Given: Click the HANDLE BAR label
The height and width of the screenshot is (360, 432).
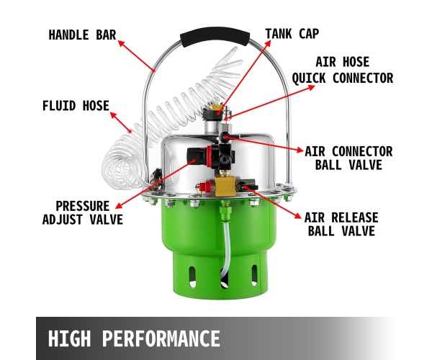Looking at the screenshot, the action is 82,35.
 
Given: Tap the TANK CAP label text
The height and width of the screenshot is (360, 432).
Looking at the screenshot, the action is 292,34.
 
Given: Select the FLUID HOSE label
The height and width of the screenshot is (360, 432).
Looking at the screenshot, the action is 76,106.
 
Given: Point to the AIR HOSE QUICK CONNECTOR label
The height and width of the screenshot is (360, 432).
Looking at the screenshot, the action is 343,70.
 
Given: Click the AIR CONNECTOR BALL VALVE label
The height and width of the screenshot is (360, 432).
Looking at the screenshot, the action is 348,158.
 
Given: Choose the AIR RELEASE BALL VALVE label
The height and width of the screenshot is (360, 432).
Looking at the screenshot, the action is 341,224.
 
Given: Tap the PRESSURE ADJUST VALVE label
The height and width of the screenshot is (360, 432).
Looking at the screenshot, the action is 83,212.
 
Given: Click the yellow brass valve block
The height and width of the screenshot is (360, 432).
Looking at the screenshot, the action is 225,186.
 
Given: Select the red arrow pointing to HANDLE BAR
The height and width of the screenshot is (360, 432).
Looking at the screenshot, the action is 137,56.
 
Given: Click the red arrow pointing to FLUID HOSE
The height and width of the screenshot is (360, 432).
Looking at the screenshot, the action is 121,122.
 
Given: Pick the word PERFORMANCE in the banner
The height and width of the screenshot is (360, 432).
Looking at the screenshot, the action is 161,338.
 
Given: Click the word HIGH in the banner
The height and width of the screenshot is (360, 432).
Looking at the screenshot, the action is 69,338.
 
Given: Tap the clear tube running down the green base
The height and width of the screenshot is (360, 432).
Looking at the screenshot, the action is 227,248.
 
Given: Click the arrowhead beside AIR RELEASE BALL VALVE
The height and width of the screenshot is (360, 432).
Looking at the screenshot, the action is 298,215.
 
